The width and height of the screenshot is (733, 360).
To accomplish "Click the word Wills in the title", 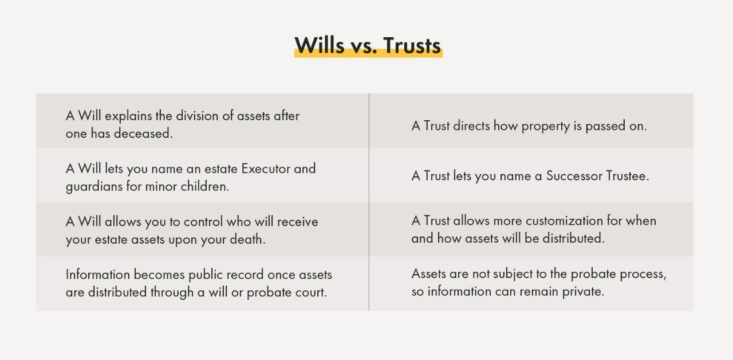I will coord(320,45).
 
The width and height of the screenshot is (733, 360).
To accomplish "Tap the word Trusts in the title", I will coord(412,45).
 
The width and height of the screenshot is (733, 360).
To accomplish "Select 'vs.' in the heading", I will coord(364,45).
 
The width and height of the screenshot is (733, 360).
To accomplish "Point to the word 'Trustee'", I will coord(628,176).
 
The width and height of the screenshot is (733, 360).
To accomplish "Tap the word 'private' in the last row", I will coord(583,291).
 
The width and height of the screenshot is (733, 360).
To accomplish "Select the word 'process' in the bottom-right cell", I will coord(644,274).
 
